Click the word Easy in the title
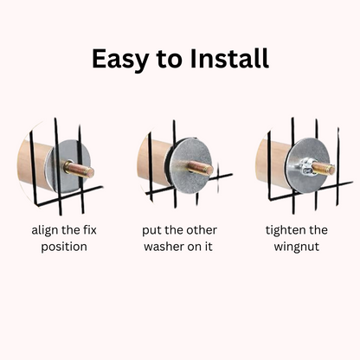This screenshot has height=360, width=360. point(119,60)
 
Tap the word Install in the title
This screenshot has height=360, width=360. point(229,58)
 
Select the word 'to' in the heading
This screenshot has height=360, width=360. point(170,60)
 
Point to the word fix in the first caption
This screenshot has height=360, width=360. point(88,230)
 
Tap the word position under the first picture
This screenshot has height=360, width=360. point(64,247)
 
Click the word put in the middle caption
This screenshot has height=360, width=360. point(151,231)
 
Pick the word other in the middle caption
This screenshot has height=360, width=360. point(202,230)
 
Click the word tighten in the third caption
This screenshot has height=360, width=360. point(284,231)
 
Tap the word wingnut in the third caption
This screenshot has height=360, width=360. point(297,247)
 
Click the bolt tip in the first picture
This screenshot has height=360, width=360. point(90,172)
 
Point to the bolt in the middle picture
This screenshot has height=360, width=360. point(201,168)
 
